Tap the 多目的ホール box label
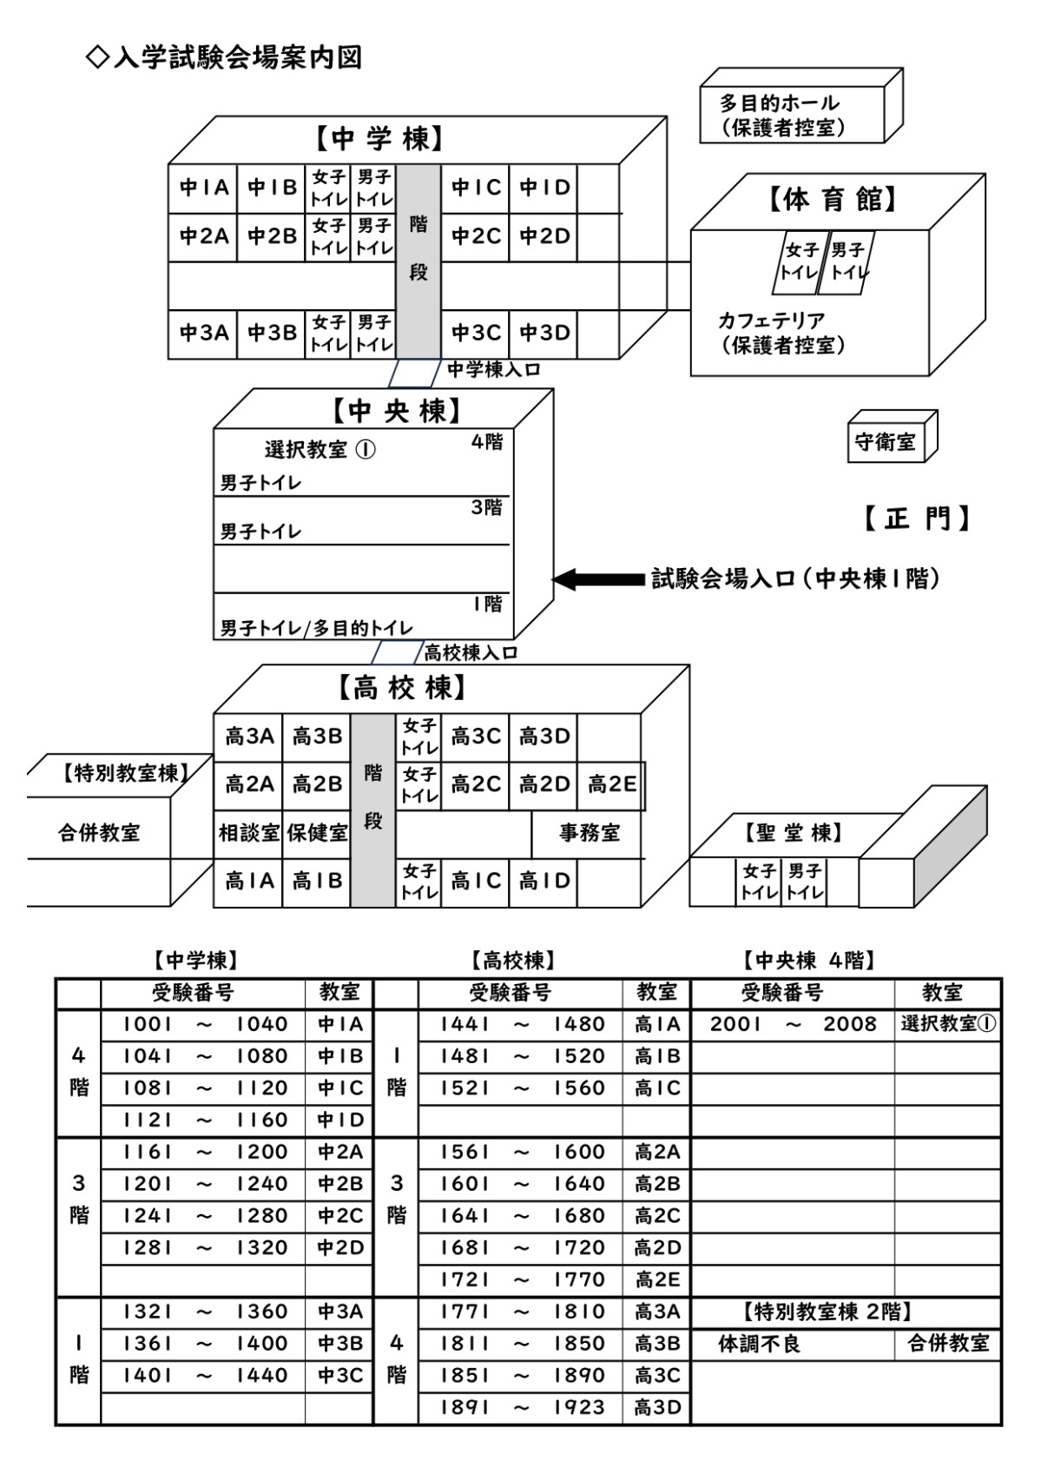click(779, 103)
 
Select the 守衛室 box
click(885, 441)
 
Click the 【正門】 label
click(916, 519)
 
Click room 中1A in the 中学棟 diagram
click(203, 188)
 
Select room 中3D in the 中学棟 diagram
click(544, 333)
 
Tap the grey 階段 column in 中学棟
click(418, 261)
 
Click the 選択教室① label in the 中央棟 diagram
click(320, 450)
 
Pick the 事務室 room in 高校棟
click(589, 834)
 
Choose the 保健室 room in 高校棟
click(317, 834)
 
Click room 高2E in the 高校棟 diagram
click(611, 785)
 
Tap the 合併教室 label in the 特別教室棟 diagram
click(98, 833)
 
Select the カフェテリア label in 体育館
click(771, 321)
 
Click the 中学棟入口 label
click(493, 370)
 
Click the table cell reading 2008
click(849, 1024)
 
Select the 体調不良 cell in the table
click(759, 1344)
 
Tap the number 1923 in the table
click(579, 1407)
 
